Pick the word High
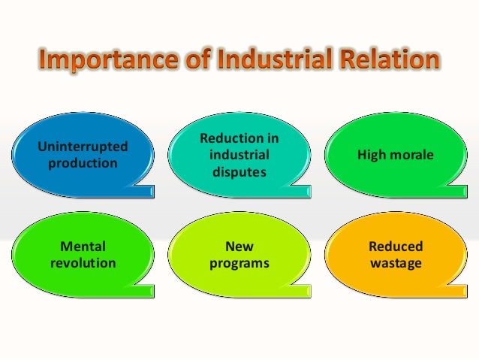(374, 155)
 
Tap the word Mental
(83, 247)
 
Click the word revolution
(83, 263)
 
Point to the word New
(239, 247)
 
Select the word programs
(239, 263)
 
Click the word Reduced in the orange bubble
(396, 247)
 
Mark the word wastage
(396, 263)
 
